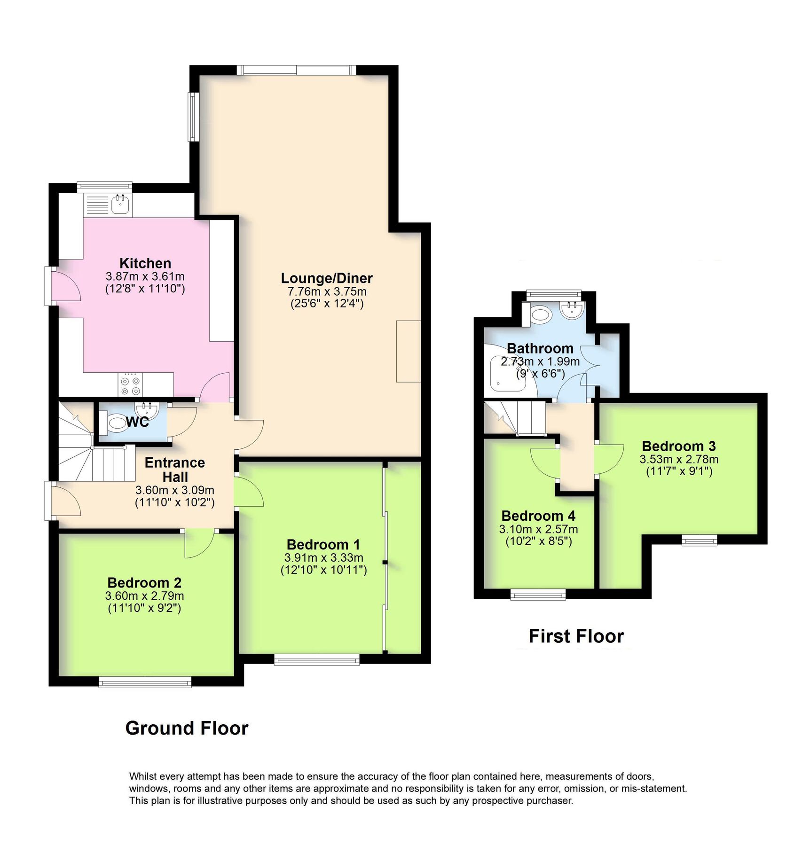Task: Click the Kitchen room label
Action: coord(145,263)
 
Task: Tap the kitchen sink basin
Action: coord(121,204)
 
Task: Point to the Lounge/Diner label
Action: coord(327,278)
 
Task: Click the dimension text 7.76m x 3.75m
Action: coord(327,291)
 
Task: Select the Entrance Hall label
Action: coord(174,470)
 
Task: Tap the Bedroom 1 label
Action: coord(323,544)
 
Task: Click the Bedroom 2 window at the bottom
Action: coord(145,682)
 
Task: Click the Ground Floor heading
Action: coord(187,728)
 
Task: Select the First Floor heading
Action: coord(576,636)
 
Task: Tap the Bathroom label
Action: coord(540,348)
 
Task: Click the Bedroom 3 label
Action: coord(678,446)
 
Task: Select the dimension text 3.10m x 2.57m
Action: coord(538,529)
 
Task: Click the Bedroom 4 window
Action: coord(538,595)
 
